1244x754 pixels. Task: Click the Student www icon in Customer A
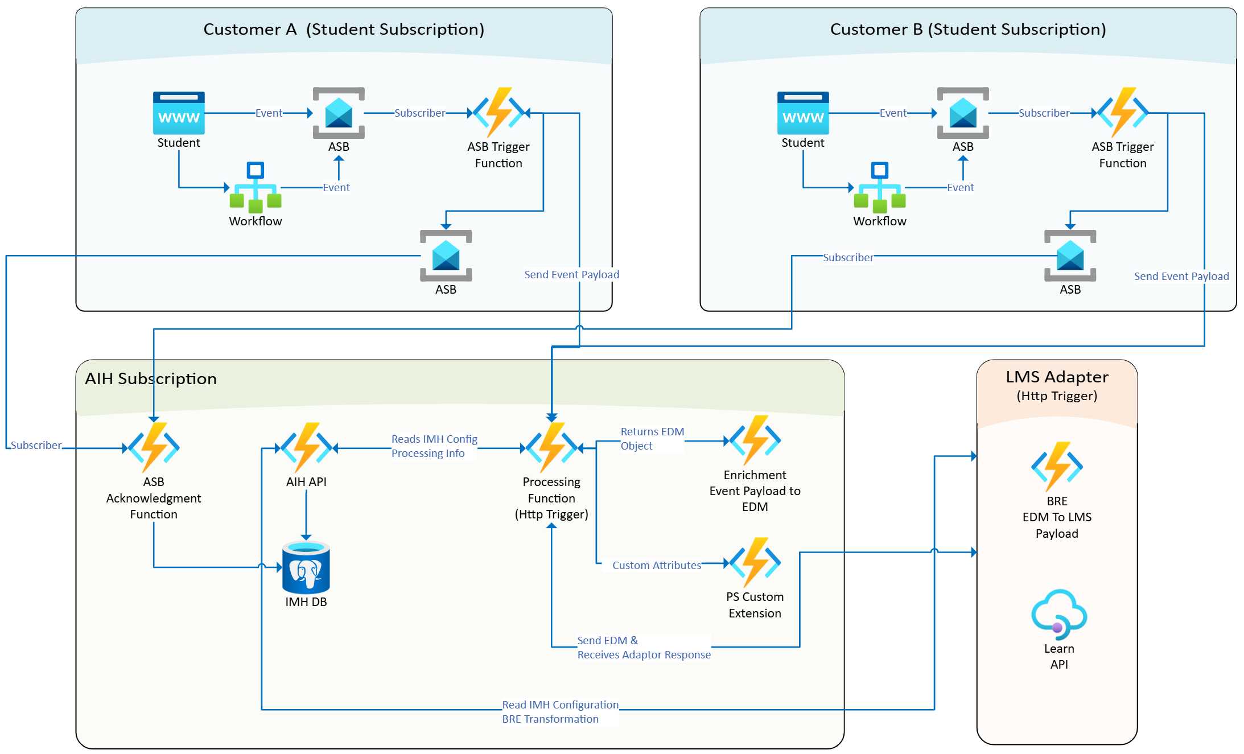point(179,113)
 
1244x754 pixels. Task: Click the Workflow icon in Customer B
point(879,187)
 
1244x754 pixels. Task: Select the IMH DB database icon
point(306,567)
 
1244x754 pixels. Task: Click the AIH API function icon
point(307,447)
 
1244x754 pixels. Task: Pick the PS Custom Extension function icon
point(755,562)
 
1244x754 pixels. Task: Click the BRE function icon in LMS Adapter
point(1057,467)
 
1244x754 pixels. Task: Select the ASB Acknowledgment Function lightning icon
point(154,447)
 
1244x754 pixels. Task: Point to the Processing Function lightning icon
point(551,447)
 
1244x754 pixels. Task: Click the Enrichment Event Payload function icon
point(755,440)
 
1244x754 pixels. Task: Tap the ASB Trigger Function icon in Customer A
point(499,112)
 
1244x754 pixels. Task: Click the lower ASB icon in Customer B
point(1070,256)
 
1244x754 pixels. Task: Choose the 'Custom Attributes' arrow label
point(657,565)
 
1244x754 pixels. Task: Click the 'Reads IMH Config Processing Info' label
point(434,446)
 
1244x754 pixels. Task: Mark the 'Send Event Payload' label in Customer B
point(1181,276)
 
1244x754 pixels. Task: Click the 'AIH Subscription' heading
point(151,378)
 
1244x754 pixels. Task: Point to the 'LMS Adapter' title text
point(1057,377)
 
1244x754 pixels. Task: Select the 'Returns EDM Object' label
point(652,439)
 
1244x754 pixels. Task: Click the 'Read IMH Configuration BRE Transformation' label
point(560,712)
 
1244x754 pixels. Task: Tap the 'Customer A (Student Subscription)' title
point(344,29)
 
